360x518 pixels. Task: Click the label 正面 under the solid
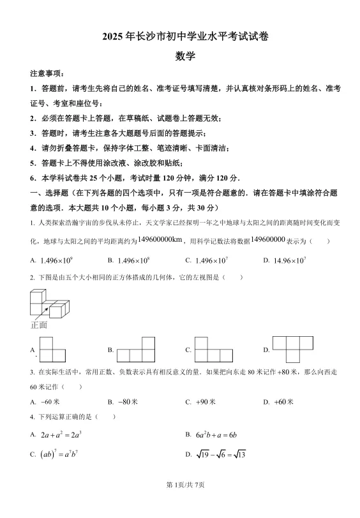pos(39,325)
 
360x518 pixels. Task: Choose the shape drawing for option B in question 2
pos(135,350)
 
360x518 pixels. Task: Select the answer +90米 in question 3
pos(205,402)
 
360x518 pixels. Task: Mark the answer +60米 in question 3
pos(283,402)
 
